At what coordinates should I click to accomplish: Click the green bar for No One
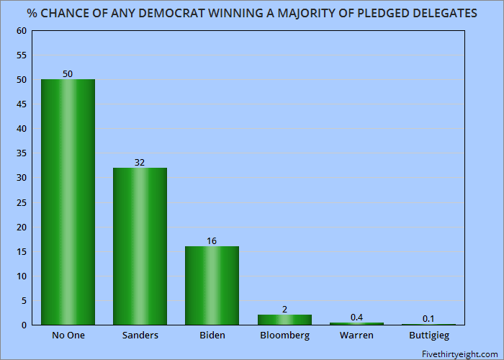coord(68,202)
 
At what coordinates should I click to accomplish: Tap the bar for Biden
coord(212,285)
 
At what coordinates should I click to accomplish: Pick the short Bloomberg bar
coord(284,320)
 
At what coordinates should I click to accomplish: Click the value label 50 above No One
coord(68,73)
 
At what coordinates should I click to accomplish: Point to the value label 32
coord(140,162)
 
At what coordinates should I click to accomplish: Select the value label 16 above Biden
coord(212,240)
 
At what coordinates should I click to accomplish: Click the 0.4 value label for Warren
coord(356,317)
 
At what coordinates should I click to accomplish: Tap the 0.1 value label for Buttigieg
coord(428,318)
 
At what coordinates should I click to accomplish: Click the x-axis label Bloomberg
coord(284,336)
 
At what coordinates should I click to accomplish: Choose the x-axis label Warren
coord(356,336)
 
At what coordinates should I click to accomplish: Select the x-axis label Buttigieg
coord(428,336)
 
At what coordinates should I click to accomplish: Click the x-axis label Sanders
coord(140,336)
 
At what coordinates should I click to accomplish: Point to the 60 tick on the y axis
coord(21,31)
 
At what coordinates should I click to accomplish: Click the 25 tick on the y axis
coord(21,202)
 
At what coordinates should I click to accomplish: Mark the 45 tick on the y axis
coord(21,104)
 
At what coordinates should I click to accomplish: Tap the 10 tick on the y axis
coord(21,276)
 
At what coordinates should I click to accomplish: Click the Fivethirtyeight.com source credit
coord(459,352)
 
